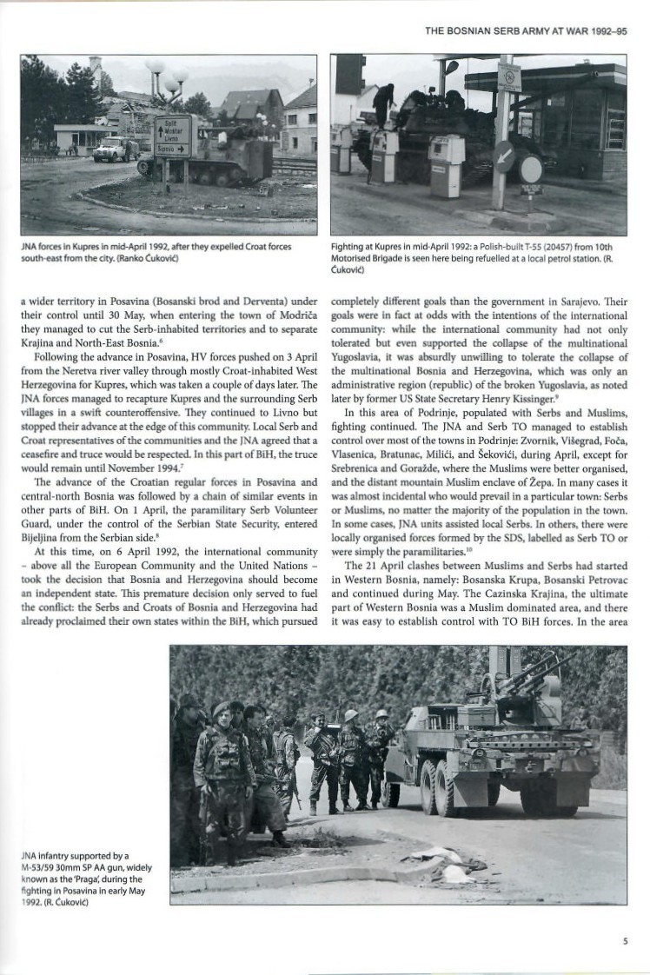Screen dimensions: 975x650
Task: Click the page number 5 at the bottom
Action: [x=625, y=939]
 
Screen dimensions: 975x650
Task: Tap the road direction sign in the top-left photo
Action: [x=172, y=136]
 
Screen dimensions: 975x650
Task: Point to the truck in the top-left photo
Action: [x=116, y=150]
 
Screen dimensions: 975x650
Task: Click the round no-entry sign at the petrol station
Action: [x=530, y=169]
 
